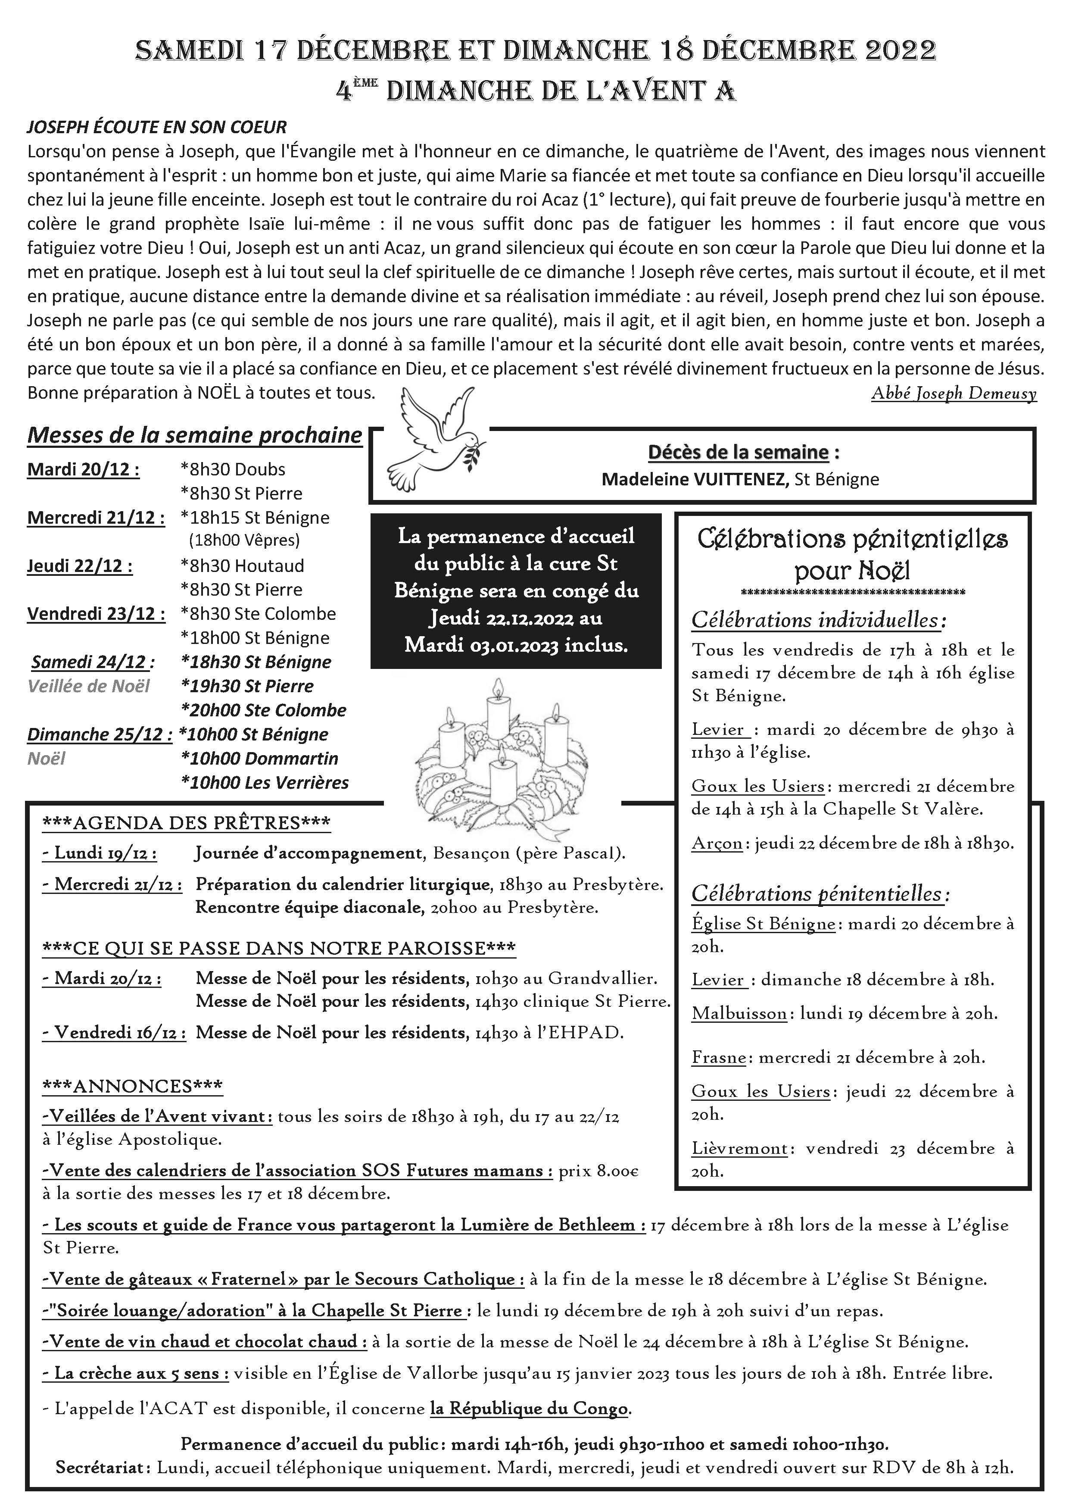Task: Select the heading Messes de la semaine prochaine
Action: click(195, 435)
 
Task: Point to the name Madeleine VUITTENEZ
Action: click(695, 479)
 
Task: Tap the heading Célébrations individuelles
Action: click(819, 620)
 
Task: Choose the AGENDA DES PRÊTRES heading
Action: click(186, 823)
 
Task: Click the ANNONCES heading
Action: click(132, 1087)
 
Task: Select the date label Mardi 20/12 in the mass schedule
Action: click(83, 469)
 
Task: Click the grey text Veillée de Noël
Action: click(88, 686)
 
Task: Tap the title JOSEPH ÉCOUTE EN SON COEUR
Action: click(157, 127)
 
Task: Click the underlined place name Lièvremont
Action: click(739, 1149)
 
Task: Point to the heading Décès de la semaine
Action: click(738, 453)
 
